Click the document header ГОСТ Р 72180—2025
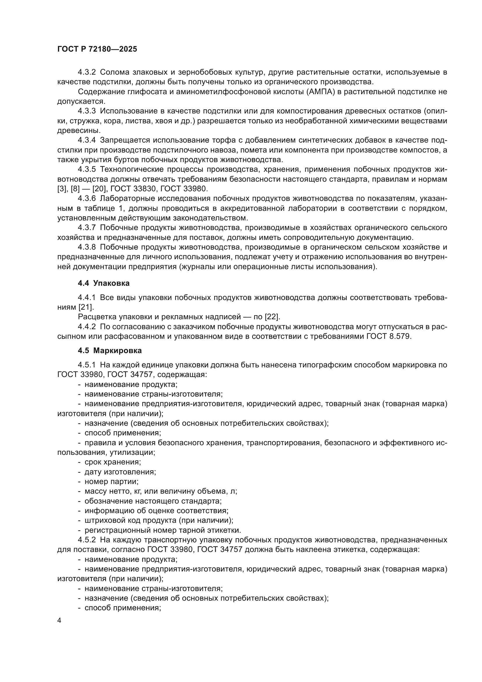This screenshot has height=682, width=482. tap(97, 49)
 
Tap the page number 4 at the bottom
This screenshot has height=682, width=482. tap(59, 620)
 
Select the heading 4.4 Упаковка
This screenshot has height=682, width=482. tap(103, 283)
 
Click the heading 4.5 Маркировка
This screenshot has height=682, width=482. tap(110, 350)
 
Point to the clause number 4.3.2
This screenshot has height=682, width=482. tap(87, 72)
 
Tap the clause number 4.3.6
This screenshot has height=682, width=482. tap(87, 199)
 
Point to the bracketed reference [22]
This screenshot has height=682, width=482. tap(272, 317)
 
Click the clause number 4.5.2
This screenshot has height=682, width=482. tap(87, 540)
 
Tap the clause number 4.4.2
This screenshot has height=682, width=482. tap(87, 327)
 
